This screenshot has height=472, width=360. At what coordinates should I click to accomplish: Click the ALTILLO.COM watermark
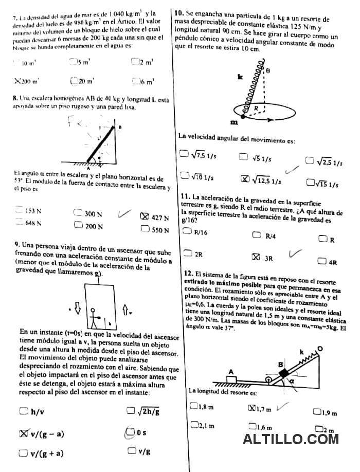[x=291, y=439]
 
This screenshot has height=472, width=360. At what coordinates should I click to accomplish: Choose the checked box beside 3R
[x=256, y=257]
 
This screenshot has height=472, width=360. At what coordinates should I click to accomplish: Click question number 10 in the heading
[x=179, y=11]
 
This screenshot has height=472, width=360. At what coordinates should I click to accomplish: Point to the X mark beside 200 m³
[x=17, y=81]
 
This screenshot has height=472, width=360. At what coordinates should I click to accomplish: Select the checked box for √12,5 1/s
[x=246, y=179]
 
